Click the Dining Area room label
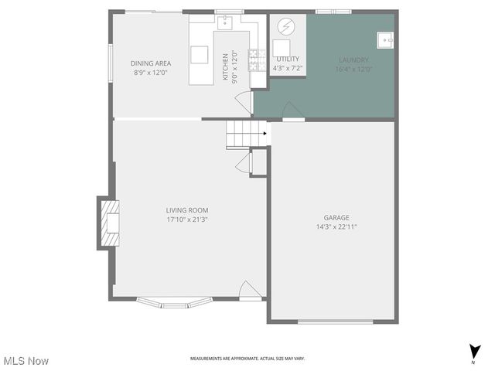tap(151, 63)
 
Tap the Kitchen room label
tap(226, 66)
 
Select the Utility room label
tap(288, 59)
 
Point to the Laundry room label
tap(353, 60)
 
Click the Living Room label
tap(187, 209)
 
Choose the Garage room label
tap(336, 217)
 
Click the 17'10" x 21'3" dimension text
tap(187, 220)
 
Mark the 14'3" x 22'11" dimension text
tap(336, 227)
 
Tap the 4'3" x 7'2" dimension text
tap(288, 68)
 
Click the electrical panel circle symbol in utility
tap(285, 26)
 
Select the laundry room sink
tap(384, 38)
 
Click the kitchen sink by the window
tap(226, 22)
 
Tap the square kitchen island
tap(200, 54)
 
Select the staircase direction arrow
tap(265, 134)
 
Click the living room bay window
tap(174, 301)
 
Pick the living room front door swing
tap(249, 290)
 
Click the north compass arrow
tap(473, 350)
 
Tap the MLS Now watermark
tap(27, 361)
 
